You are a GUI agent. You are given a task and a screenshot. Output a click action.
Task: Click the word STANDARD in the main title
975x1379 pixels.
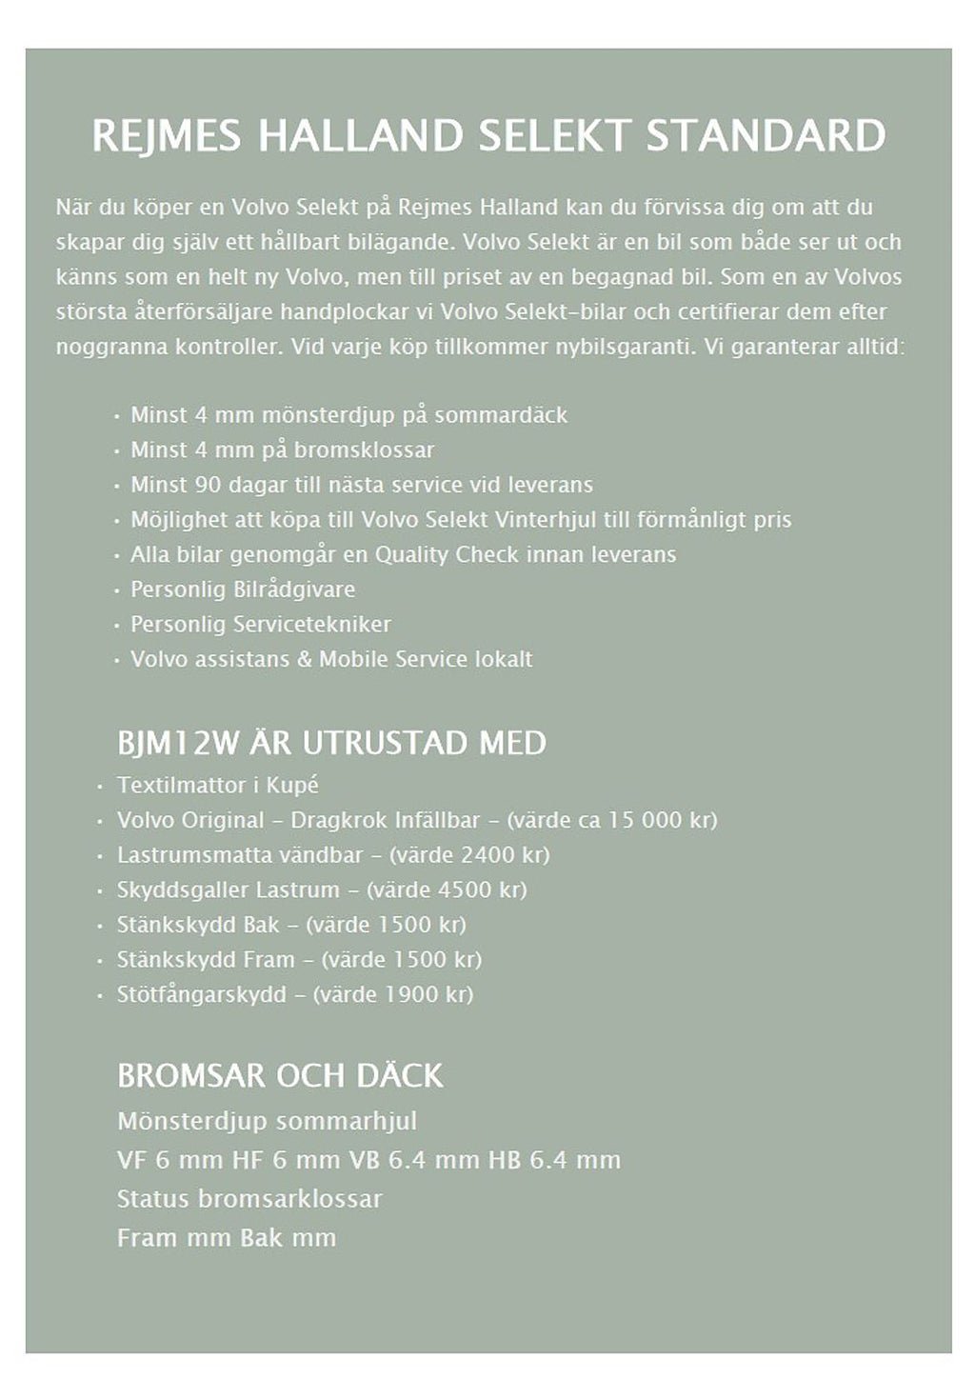coord(766,136)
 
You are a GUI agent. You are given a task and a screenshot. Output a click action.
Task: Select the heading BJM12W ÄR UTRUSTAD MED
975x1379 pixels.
coord(331,743)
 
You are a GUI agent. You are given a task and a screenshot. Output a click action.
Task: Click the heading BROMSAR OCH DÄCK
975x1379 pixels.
coord(280,1075)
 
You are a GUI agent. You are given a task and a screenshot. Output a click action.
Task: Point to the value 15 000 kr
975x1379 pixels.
coord(658,820)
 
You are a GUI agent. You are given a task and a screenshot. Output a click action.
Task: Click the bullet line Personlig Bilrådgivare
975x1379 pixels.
coord(243,590)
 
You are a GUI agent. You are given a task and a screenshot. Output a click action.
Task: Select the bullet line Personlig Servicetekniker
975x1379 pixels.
coord(261,624)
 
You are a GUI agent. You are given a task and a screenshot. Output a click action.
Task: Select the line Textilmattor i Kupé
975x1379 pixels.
coord(218,785)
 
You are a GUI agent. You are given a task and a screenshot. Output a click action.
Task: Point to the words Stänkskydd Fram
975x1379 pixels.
coord(206,959)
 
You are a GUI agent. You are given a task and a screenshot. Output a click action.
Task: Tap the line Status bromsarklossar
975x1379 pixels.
coord(249,1198)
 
